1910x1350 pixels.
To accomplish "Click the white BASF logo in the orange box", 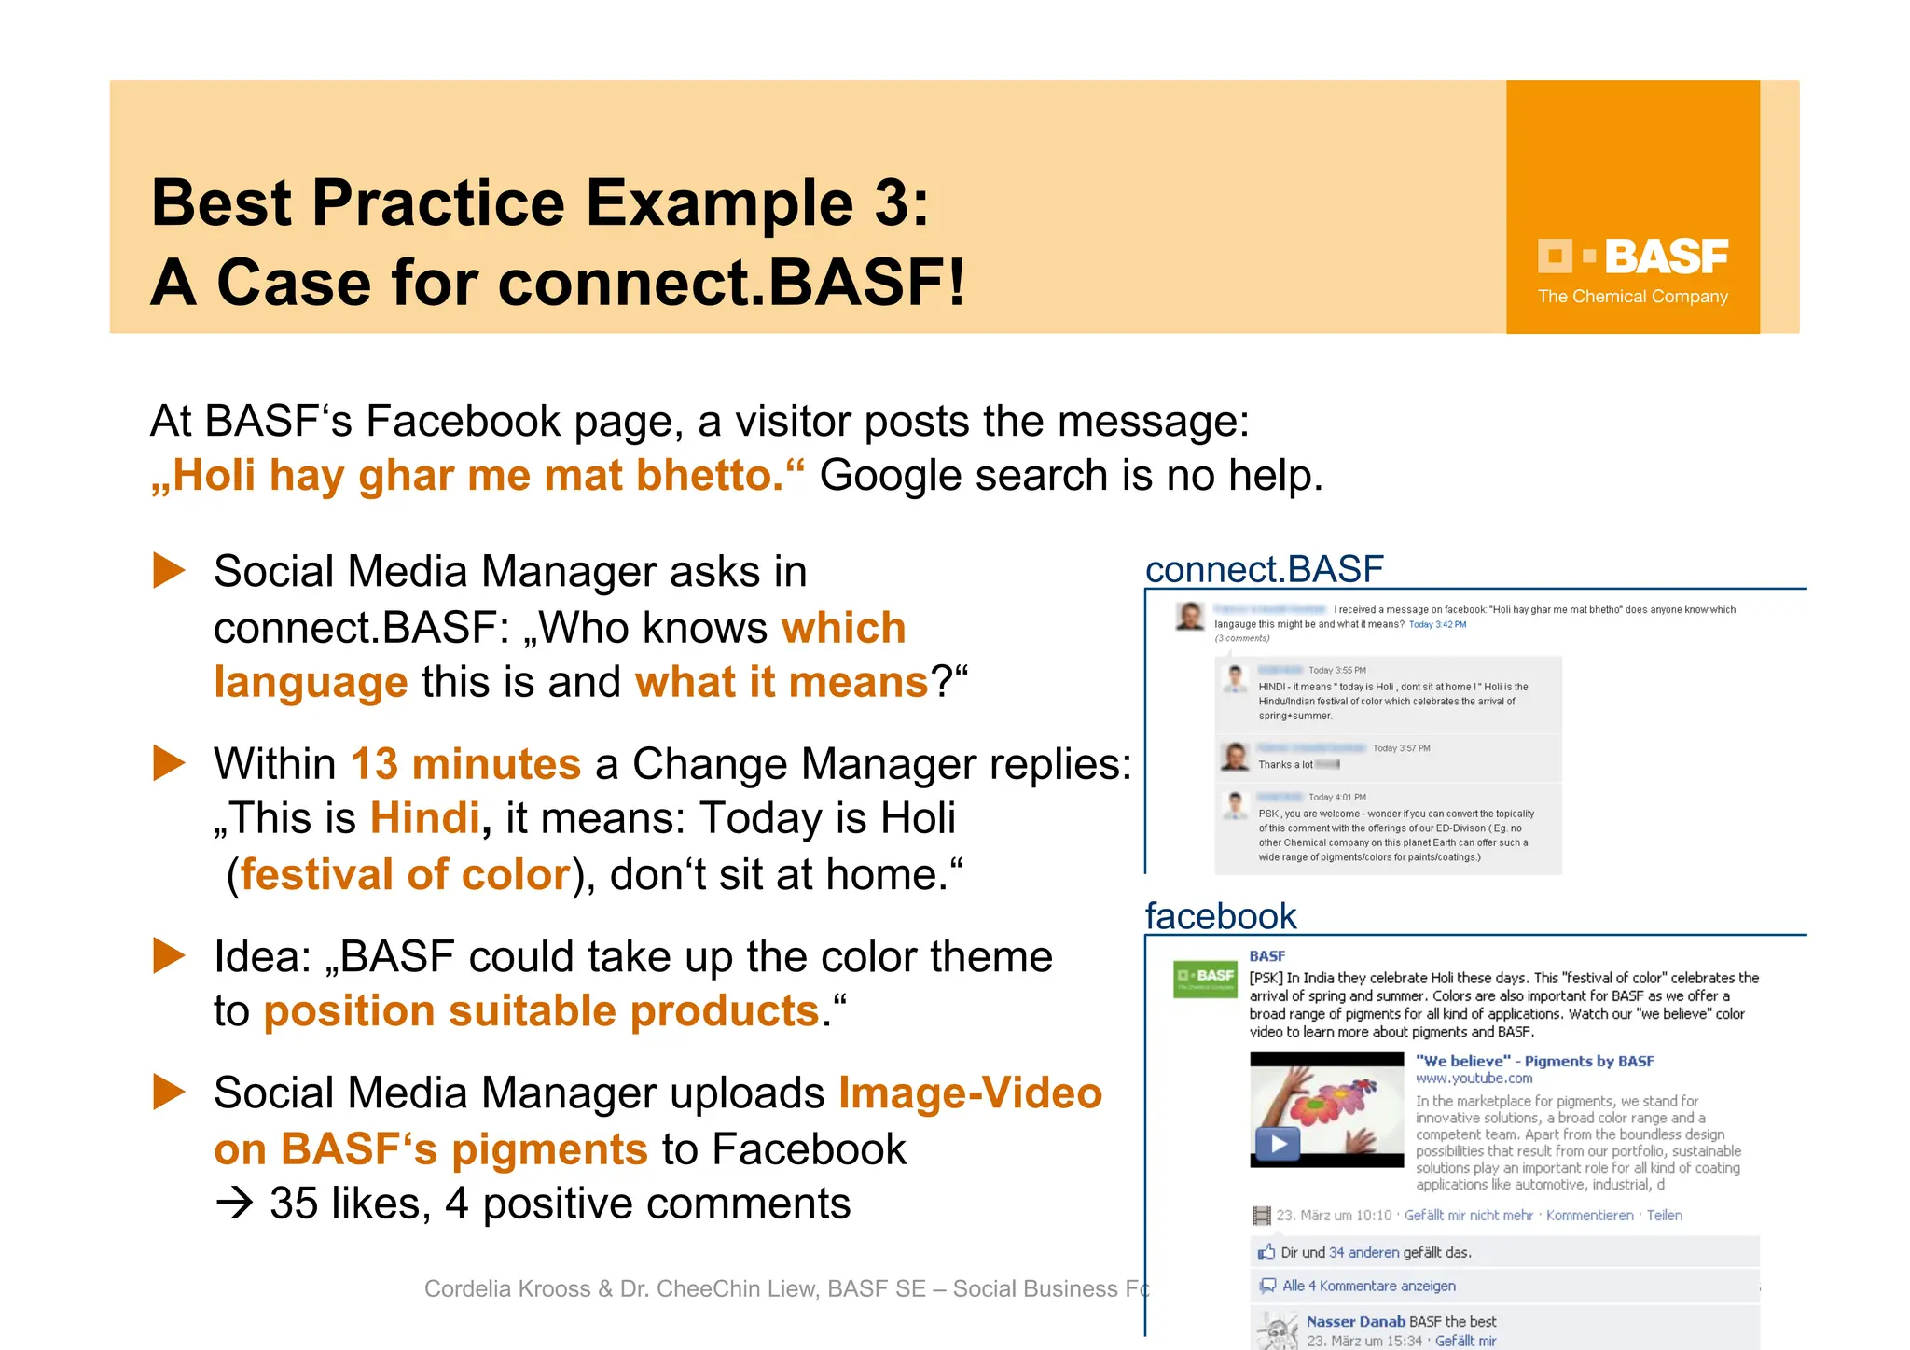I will (x=1632, y=257).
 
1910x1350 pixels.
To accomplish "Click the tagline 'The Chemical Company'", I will (x=1632, y=297).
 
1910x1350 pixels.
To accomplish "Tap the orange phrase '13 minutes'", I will (x=465, y=764).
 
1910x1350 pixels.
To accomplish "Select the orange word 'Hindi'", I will (x=425, y=818).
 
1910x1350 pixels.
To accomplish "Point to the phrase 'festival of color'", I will (x=405, y=875).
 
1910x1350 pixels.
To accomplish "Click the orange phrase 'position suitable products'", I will (x=541, y=1011).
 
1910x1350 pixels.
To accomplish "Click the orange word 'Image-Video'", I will (x=970, y=1093).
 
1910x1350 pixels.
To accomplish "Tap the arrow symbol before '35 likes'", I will (x=234, y=1204).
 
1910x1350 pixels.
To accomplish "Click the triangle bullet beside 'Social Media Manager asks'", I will (x=169, y=570).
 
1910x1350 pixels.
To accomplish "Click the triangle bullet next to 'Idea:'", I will (x=169, y=955).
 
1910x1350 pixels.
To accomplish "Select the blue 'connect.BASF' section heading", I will (x=1264, y=569).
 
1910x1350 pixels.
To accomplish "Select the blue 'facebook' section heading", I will (x=1220, y=916).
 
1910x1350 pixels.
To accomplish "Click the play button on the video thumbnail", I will (x=1278, y=1143).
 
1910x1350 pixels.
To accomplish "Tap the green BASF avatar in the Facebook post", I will (x=1205, y=979).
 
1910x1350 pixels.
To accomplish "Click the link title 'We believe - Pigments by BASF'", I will (x=1534, y=1061).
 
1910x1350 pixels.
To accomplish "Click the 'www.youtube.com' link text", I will (x=1474, y=1079).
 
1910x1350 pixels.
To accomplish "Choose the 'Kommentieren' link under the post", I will (x=1589, y=1216).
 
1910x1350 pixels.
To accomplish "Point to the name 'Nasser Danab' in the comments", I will (x=1355, y=1322).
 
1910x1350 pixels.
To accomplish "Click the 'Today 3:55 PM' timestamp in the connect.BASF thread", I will (x=1336, y=671).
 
